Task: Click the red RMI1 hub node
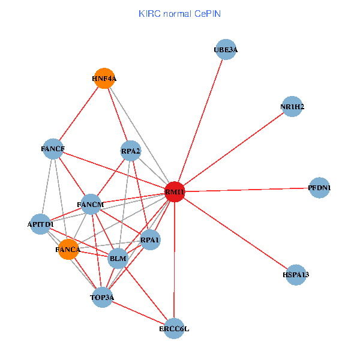click(x=174, y=192)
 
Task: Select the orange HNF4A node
click(x=104, y=78)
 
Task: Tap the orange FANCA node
click(x=68, y=250)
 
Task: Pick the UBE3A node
click(x=226, y=50)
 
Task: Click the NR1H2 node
click(x=292, y=107)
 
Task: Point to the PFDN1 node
click(x=319, y=188)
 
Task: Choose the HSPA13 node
click(x=295, y=275)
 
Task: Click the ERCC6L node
click(x=174, y=328)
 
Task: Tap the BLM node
click(x=118, y=259)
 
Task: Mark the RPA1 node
click(x=149, y=240)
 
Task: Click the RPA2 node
click(x=131, y=151)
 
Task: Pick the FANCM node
click(x=91, y=205)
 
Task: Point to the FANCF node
click(x=53, y=148)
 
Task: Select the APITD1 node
click(x=41, y=224)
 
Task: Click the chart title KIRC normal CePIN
click(x=179, y=13)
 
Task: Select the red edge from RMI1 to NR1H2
click(x=233, y=149)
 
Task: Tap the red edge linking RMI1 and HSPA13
click(x=235, y=233)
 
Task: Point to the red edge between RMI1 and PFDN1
click(x=247, y=190)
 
